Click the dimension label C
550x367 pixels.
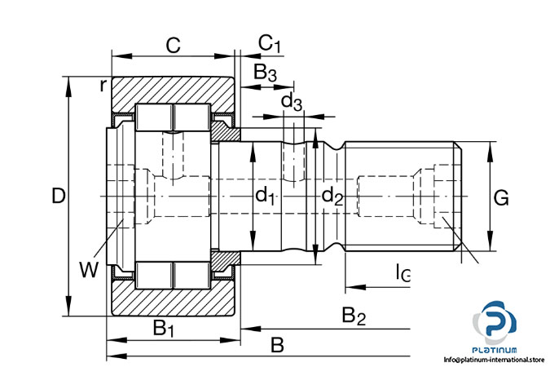click(x=174, y=45)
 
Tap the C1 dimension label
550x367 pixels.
click(x=270, y=44)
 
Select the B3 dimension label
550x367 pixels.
click(x=265, y=73)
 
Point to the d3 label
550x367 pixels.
click(x=292, y=102)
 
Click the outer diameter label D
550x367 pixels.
click(x=59, y=196)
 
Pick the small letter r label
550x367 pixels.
click(x=103, y=85)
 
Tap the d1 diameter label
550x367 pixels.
click(x=265, y=195)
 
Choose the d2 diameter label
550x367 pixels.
click(x=332, y=196)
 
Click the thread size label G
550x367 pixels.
click(x=501, y=197)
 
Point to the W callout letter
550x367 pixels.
click(x=88, y=269)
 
